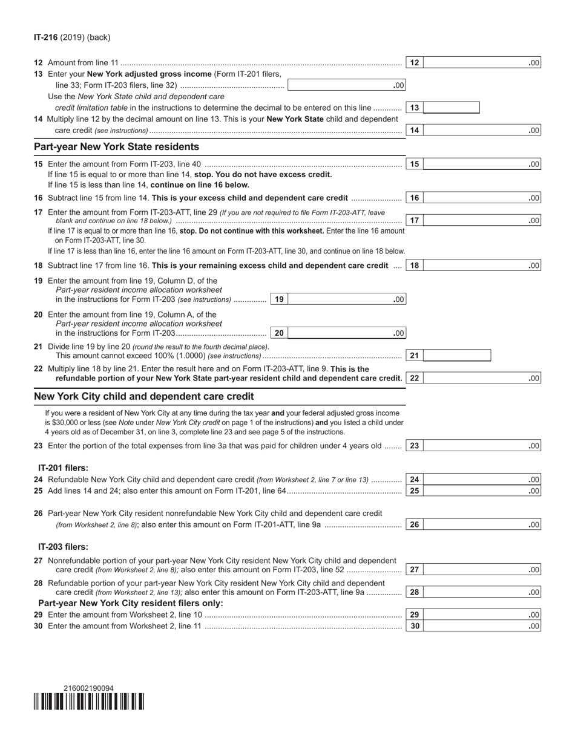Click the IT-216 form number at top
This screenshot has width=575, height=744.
click(46, 38)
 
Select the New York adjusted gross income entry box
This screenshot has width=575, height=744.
click(346, 85)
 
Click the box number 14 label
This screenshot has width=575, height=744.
click(415, 130)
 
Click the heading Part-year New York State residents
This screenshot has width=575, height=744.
click(116, 146)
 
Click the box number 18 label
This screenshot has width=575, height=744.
click(415, 265)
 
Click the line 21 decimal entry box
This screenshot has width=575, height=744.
click(457, 356)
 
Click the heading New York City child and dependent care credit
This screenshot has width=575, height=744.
click(144, 396)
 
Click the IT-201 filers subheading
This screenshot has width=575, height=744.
click(63, 468)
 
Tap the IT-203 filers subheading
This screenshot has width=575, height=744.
click(63, 547)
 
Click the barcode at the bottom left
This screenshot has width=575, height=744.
click(89, 702)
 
